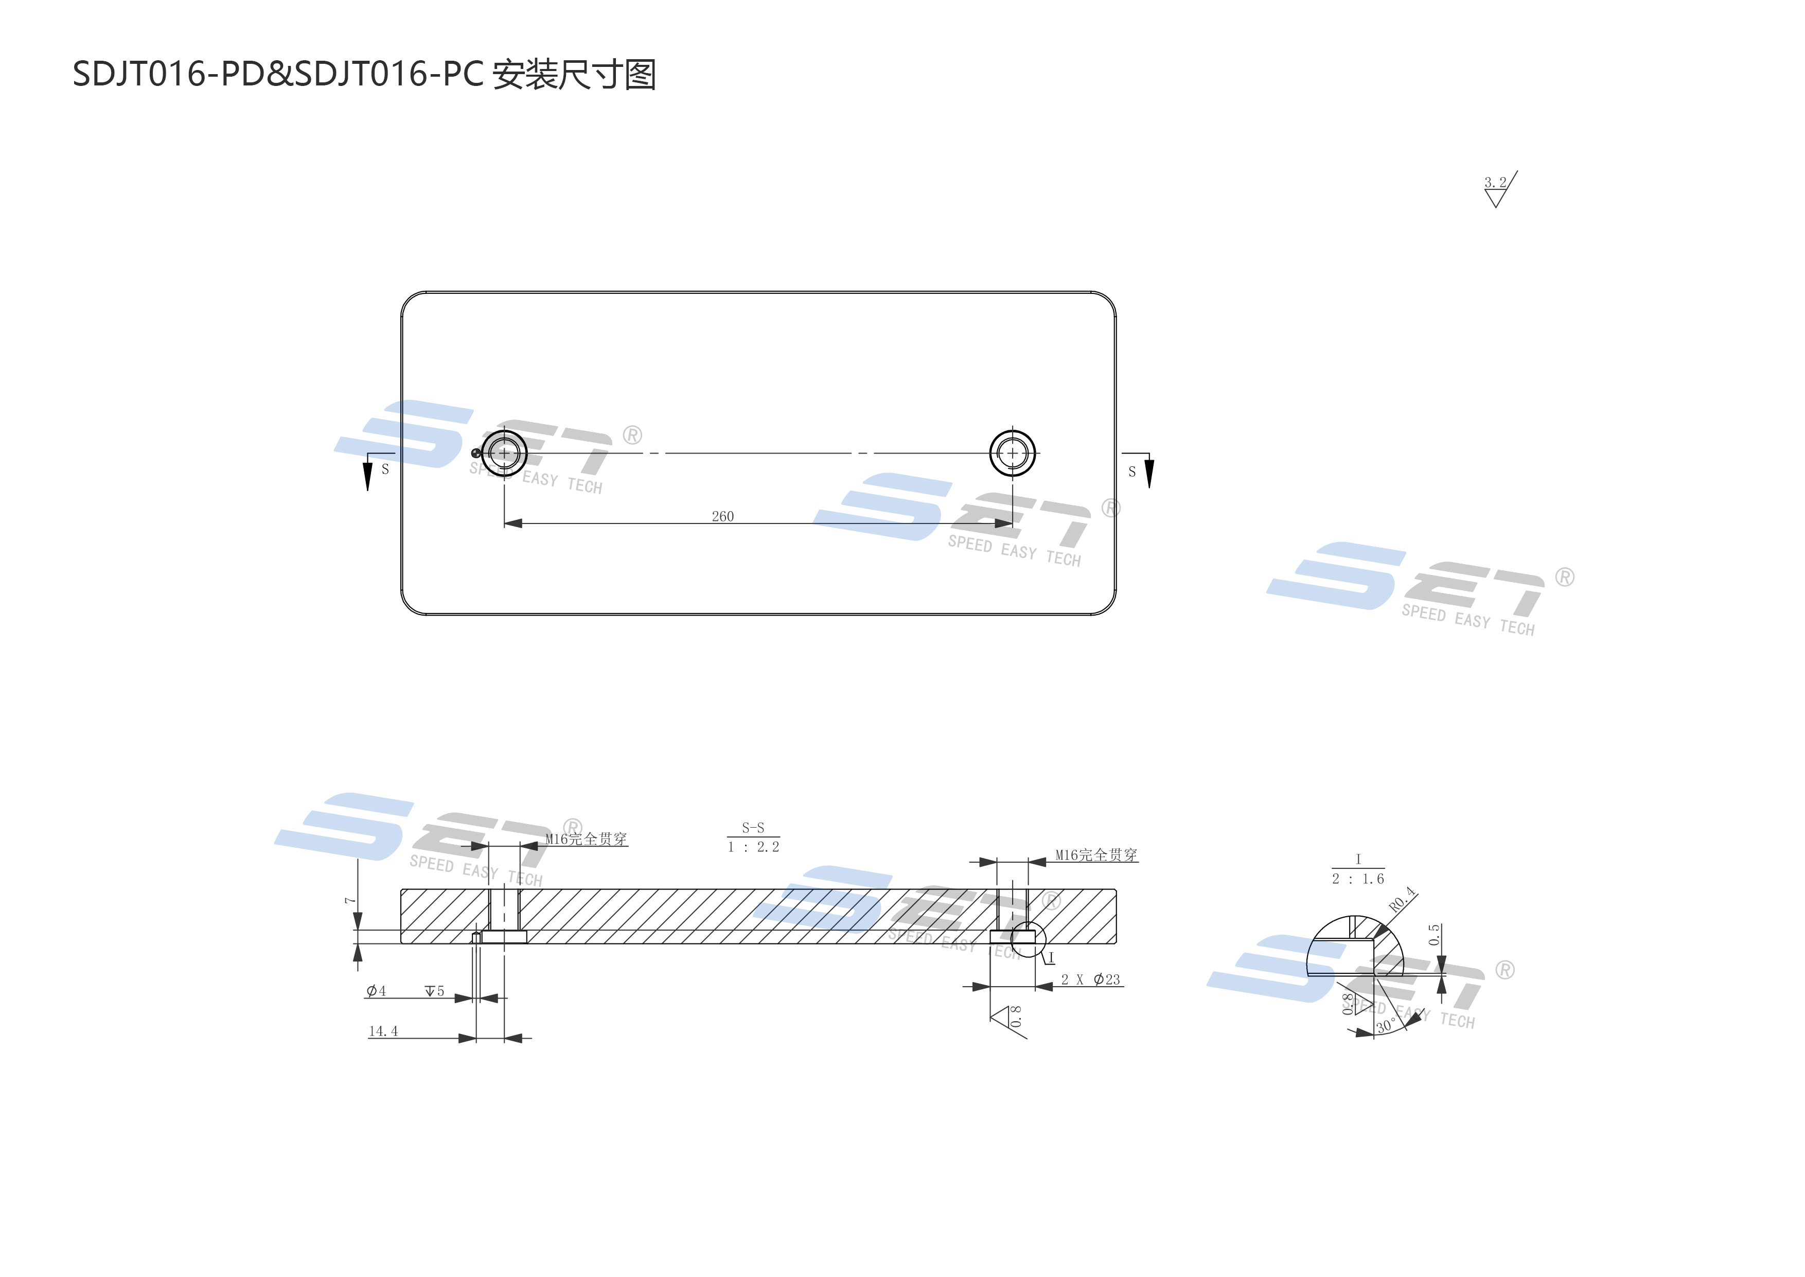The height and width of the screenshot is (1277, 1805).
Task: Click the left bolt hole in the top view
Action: point(504,453)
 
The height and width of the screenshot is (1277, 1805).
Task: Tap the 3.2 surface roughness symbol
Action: point(1498,189)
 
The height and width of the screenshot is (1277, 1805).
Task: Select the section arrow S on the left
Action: point(368,474)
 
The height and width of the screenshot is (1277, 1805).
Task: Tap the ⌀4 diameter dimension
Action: point(376,991)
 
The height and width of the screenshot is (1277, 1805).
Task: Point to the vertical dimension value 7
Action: point(350,900)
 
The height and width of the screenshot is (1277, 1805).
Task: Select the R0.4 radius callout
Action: point(1401,900)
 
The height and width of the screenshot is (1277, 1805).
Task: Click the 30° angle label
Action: point(1385,1026)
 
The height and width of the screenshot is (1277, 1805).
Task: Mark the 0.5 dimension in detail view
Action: point(1434,934)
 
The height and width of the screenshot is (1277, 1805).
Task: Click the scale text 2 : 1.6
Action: point(1358,879)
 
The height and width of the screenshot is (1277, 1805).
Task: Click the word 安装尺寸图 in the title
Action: point(574,75)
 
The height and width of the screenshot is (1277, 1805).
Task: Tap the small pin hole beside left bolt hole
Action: point(475,453)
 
